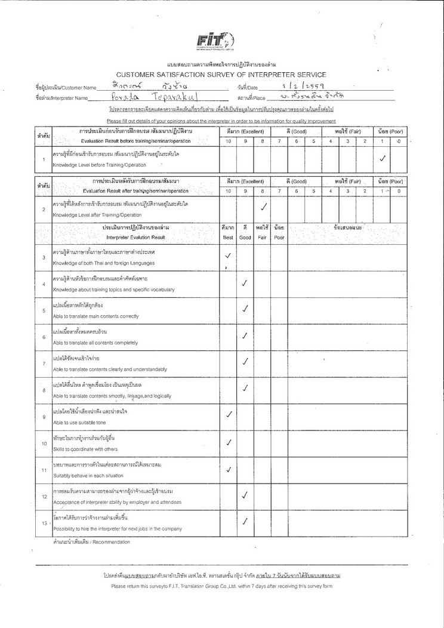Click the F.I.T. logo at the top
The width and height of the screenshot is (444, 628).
tap(215, 41)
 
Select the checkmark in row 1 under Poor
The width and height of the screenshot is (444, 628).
tap(383, 158)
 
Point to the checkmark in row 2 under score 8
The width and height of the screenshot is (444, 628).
tap(263, 207)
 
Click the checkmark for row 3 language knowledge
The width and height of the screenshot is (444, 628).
tap(228, 256)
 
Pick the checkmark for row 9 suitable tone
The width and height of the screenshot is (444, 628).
tap(228, 414)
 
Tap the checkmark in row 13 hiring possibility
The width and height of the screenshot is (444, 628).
tap(245, 521)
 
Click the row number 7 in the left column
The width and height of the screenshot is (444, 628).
tap(44, 364)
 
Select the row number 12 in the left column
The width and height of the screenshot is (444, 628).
tap(44, 496)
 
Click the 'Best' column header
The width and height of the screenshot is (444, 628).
tap(228, 237)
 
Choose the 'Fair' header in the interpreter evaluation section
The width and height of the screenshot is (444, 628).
tap(262, 237)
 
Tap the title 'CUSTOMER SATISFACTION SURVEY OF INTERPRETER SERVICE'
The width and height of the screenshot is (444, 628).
tap(217, 75)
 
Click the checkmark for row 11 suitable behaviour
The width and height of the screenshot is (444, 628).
tap(228, 469)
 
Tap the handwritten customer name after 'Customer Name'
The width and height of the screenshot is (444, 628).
tap(141, 87)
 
